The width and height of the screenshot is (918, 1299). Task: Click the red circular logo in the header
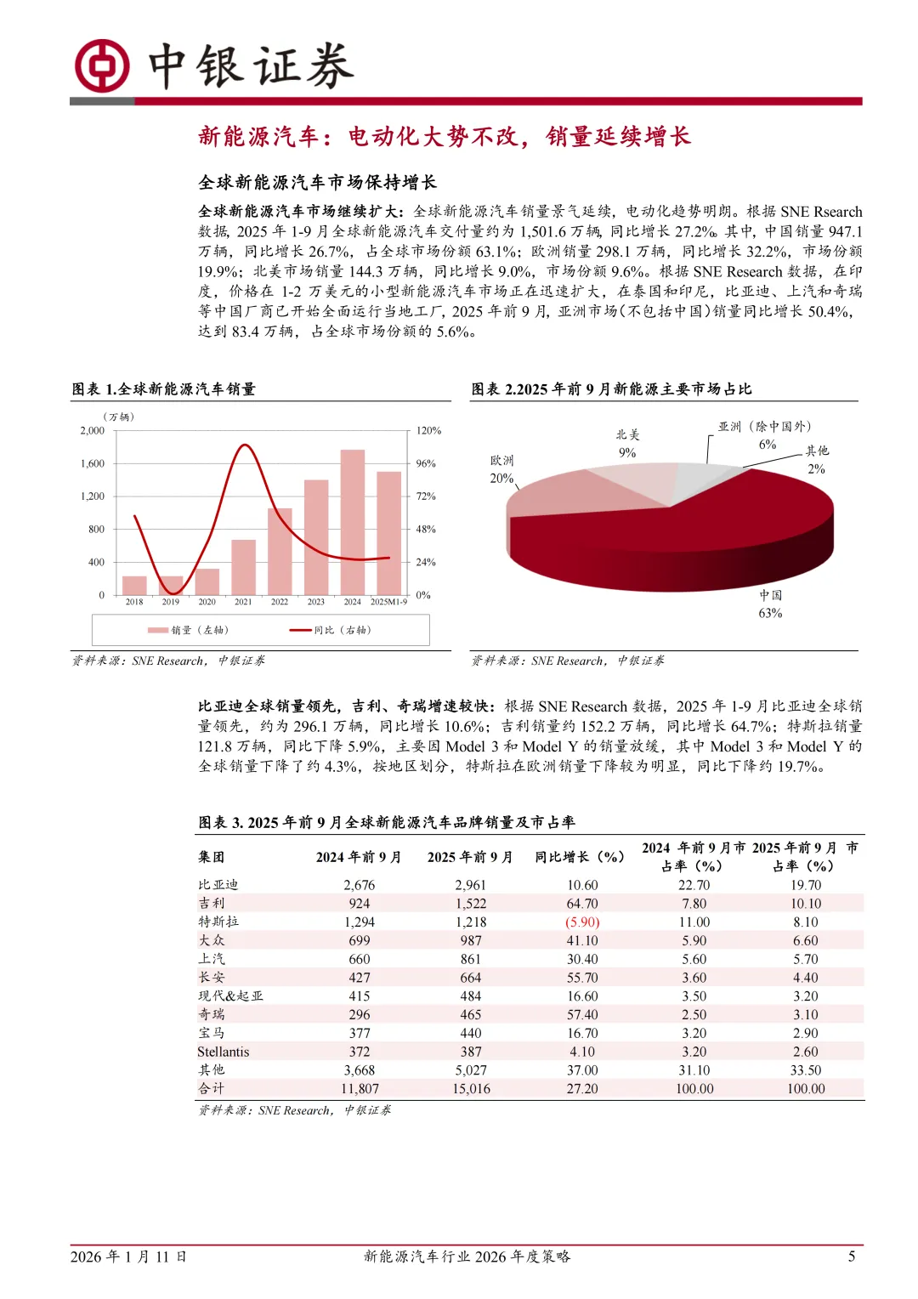point(101,65)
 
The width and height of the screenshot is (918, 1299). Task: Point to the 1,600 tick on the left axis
point(93,463)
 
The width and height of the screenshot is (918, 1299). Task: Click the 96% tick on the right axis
point(426,463)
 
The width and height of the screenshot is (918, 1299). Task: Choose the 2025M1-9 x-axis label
point(388,602)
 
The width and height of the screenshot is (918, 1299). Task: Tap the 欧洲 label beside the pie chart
point(501,460)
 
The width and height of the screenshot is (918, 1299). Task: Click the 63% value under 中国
point(770,613)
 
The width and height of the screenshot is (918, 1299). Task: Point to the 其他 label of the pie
point(817,451)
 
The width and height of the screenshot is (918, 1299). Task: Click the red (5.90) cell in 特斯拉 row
point(582,922)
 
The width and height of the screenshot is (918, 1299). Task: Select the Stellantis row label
point(224,1052)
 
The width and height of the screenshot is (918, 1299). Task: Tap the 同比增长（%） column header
point(580,857)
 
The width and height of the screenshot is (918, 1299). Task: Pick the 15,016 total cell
point(471,1089)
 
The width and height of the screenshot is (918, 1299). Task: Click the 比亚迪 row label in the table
point(218,885)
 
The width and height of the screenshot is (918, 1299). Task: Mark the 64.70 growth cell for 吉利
point(582,904)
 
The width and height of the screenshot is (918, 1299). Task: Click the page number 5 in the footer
point(851,1256)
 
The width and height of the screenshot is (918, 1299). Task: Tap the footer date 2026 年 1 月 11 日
point(128,1256)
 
